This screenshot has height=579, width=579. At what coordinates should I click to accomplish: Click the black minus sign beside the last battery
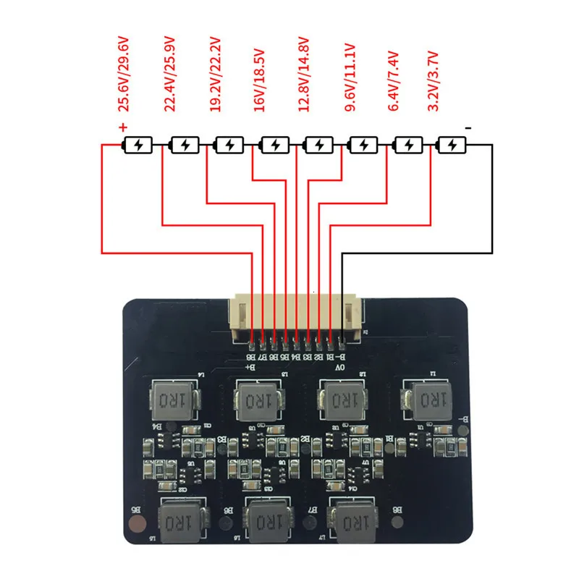click(x=469, y=128)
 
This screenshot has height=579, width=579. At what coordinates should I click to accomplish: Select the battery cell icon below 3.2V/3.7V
click(x=452, y=145)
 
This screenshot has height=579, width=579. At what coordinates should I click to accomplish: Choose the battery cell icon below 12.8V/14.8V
click(x=318, y=145)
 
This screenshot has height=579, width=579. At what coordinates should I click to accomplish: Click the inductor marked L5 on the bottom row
click(x=177, y=520)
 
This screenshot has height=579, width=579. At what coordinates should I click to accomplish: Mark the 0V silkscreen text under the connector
click(x=339, y=368)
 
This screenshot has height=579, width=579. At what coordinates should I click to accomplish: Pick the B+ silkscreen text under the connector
click(x=251, y=368)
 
